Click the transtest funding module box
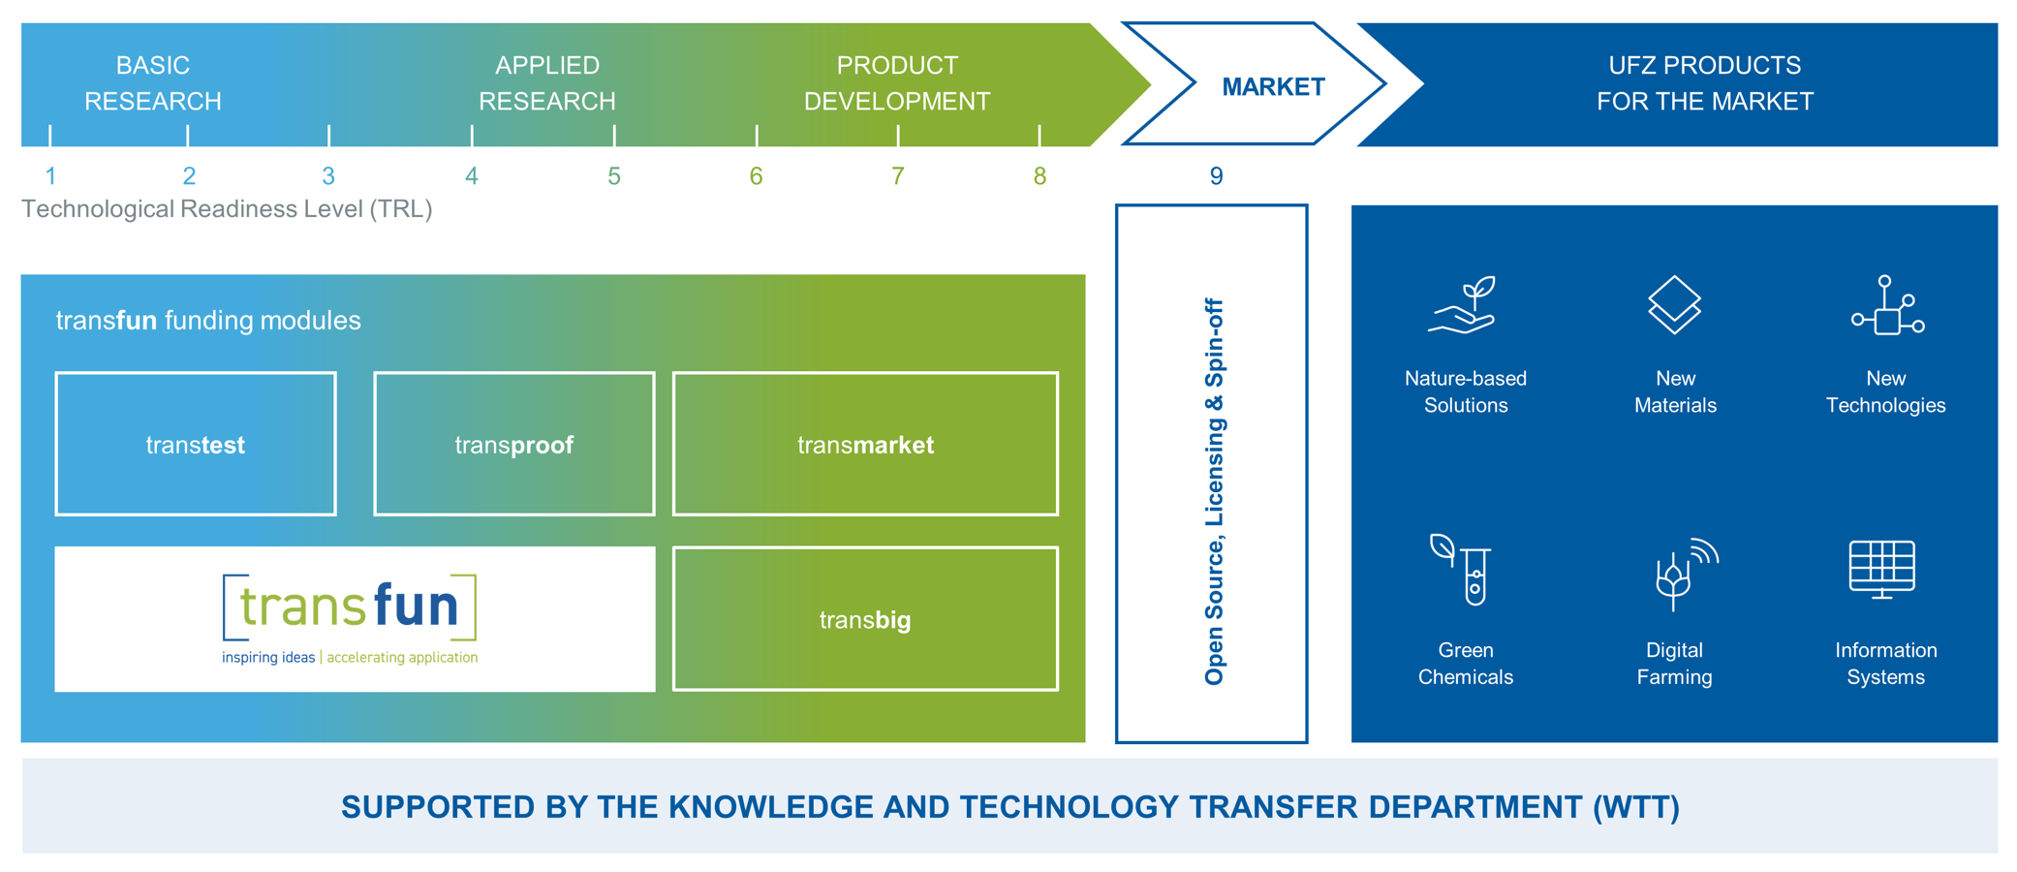coord(196,444)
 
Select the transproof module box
coord(513,444)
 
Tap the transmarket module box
coord(865,444)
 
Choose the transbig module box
coord(865,618)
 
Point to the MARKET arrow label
coord(1272,87)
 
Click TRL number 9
coord(1216,176)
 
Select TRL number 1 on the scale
coord(50,176)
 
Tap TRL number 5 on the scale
coord(614,176)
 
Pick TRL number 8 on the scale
coord(1040,176)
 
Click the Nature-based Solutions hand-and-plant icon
coord(1463,305)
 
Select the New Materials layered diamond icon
coord(1674,305)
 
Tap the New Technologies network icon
coord(1886,306)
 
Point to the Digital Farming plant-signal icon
coord(1684,574)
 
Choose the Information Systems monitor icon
coord(1882,570)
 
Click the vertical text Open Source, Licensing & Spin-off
coord(1214,491)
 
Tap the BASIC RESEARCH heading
coord(153,83)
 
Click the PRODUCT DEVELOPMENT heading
coord(897,83)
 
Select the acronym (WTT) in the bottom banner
coord(1636,807)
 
